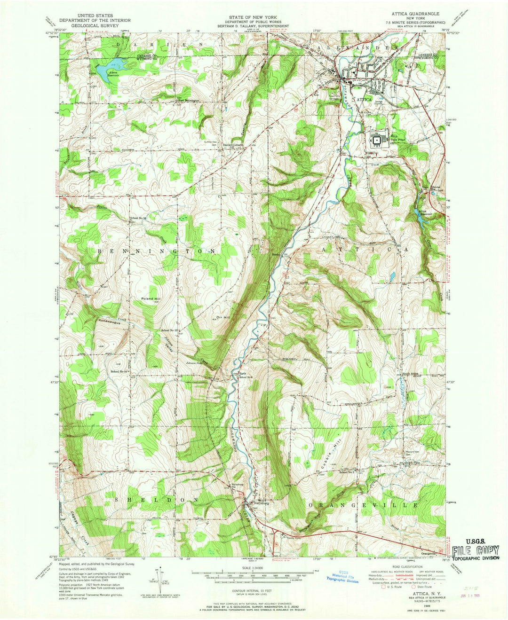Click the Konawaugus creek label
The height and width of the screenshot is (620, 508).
pyautogui.click(x=109, y=321)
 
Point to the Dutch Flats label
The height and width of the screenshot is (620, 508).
pyautogui.click(x=409, y=463)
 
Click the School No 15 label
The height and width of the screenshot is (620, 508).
pyautogui.click(x=169, y=330)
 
